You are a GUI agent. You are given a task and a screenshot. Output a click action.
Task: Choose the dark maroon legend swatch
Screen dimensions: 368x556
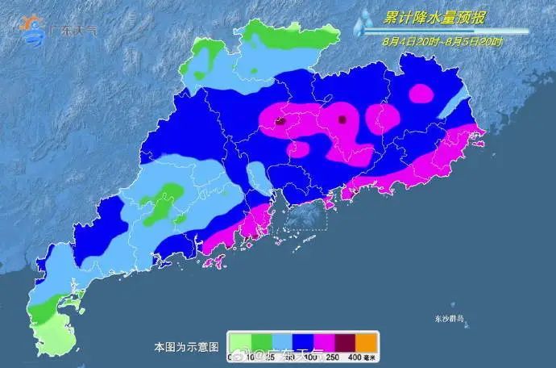pyautogui.click(x=346, y=341)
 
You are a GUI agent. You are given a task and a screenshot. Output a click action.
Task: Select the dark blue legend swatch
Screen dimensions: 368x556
pyautogui.click(x=302, y=341)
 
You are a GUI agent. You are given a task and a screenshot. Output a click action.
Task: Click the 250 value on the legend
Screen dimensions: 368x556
pyautogui.click(x=334, y=356)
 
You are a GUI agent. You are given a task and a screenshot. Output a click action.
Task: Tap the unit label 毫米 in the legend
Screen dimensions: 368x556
pyautogui.click(x=372, y=356)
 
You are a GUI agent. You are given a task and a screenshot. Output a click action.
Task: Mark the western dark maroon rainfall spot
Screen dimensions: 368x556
pyautogui.click(x=280, y=122)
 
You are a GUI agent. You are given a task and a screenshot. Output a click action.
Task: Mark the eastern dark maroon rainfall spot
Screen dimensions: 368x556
pyautogui.click(x=342, y=119)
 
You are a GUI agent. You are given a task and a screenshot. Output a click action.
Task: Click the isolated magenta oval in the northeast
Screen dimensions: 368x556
pyautogui.click(x=421, y=94)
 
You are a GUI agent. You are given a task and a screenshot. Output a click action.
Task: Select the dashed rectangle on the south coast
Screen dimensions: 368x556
pyautogui.click(x=302, y=216)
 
